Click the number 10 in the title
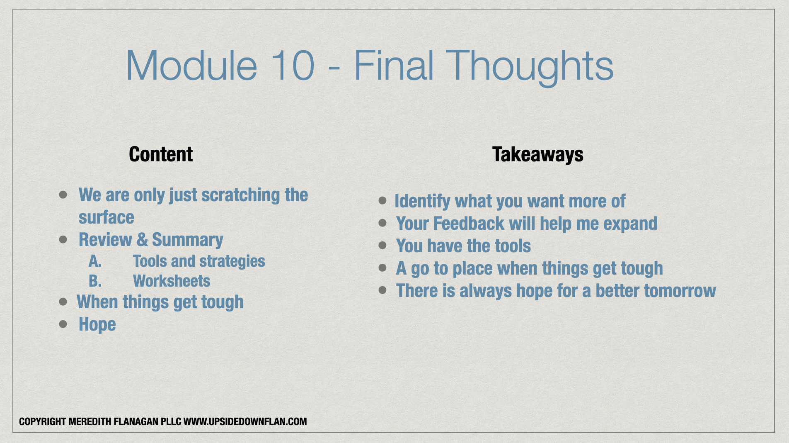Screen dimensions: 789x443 (293, 65)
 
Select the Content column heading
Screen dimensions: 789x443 (161, 154)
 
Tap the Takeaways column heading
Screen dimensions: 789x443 (538, 155)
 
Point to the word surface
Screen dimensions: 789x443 (106, 217)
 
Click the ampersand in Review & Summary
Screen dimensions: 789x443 (142, 240)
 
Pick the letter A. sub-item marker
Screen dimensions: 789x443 (95, 261)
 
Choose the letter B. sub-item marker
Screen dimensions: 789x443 (95, 281)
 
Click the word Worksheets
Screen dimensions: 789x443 (172, 281)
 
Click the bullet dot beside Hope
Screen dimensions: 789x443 (63, 324)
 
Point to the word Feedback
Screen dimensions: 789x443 (469, 224)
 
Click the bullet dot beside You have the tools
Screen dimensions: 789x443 (382, 246)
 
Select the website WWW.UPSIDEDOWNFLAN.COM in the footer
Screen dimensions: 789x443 (245, 422)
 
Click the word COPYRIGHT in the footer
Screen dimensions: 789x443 (43, 422)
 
